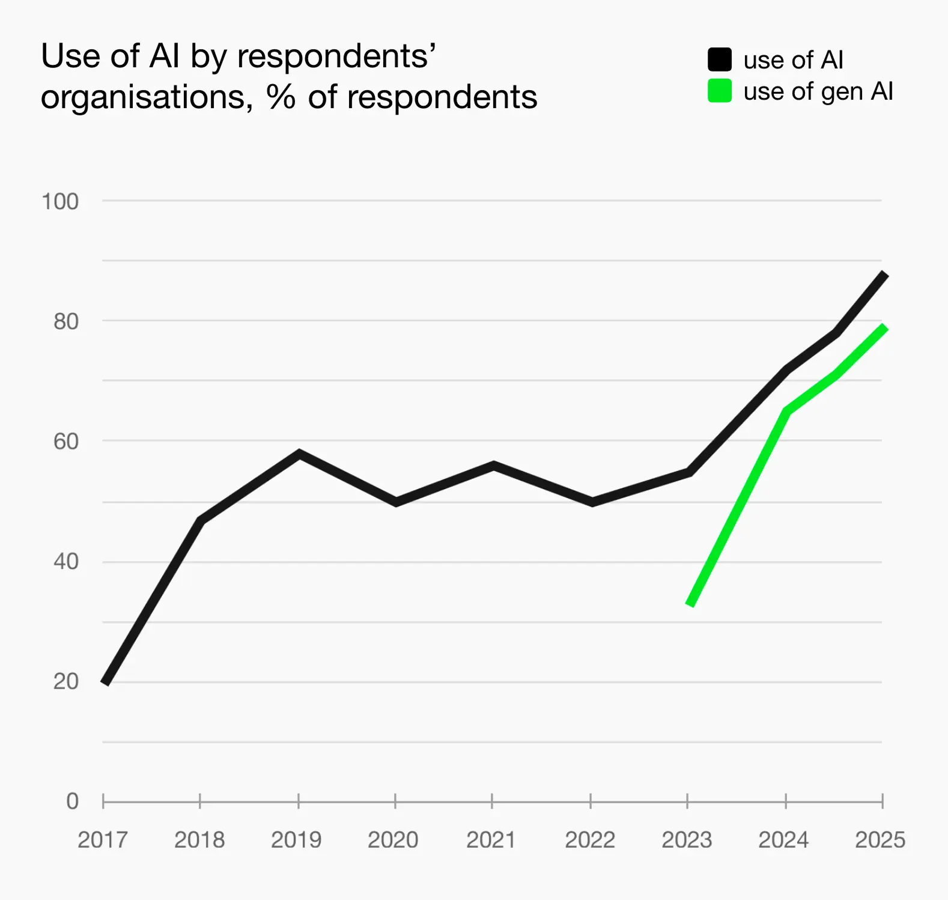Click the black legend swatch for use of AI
click(x=719, y=59)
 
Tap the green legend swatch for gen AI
click(x=719, y=91)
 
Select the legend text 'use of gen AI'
click(x=818, y=91)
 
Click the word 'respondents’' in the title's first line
click(x=336, y=58)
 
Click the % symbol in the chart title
click(x=281, y=97)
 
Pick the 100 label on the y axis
click(x=60, y=202)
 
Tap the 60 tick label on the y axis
click(x=66, y=442)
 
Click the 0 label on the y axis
click(x=72, y=801)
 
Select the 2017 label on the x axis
click(x=103, y=839)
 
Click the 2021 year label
click(x=491, y=839)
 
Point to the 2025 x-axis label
click(x=880, y=839)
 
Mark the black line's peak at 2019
click(x=299, y=453)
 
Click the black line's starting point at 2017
click(x=105, y=683)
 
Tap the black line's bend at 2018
click(x=201, y=520)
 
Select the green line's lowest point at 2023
click(x=690, y=604)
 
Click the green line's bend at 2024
click(x=786, y=411)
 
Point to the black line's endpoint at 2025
click(x=884, y=275)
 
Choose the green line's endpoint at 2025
click(x=884, y=327)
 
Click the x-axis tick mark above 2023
click(x=687, y=800)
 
